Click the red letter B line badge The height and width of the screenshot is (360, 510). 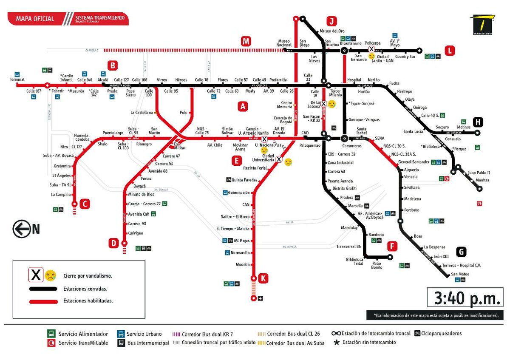coord(112,65)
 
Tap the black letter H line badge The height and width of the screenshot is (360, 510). coord(478,122)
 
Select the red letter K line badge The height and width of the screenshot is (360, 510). coord(263,278)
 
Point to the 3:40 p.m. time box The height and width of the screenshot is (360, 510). coord(465,298)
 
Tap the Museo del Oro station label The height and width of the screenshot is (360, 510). coord(331,31)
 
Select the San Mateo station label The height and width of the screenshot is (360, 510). coord(460,274)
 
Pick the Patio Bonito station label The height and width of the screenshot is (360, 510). coord(377,266)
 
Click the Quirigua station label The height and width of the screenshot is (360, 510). coord(136,233)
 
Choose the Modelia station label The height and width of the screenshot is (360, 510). coord(243,264)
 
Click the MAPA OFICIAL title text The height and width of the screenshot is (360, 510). coord(35,19)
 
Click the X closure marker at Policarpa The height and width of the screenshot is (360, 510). coord(371,50)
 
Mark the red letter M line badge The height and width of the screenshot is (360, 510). coord(246,41)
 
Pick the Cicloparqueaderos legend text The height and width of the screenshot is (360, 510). coord(442,334)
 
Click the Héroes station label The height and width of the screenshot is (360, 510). coord(181,80)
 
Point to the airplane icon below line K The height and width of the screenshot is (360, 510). coord(261,298)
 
